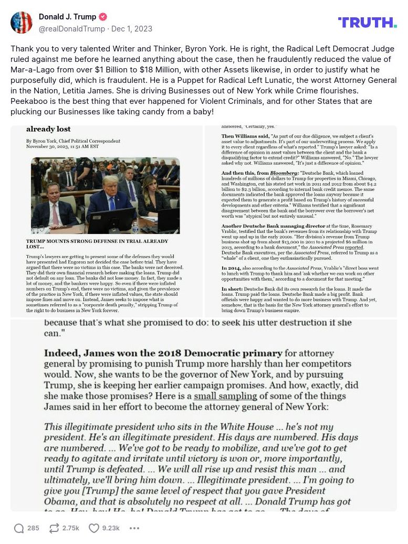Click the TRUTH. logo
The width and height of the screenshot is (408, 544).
pos(367,22)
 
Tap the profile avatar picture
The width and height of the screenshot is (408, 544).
pos(22,23)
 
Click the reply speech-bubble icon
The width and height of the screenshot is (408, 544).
pos(19,528)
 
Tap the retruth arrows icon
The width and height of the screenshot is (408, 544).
pos(54,528)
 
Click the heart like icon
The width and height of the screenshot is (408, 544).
pos(93,528)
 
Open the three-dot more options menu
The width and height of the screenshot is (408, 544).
pos(134,528)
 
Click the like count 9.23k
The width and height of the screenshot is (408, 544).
pos(111,528)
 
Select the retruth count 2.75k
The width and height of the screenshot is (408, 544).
pos(71,528)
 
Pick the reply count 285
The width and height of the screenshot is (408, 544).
pos(33,528)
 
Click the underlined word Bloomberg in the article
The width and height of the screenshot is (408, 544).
pos(285,173)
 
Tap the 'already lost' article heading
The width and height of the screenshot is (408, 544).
pos(48,129)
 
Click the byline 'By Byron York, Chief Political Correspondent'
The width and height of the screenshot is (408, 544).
pos(73,141)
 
